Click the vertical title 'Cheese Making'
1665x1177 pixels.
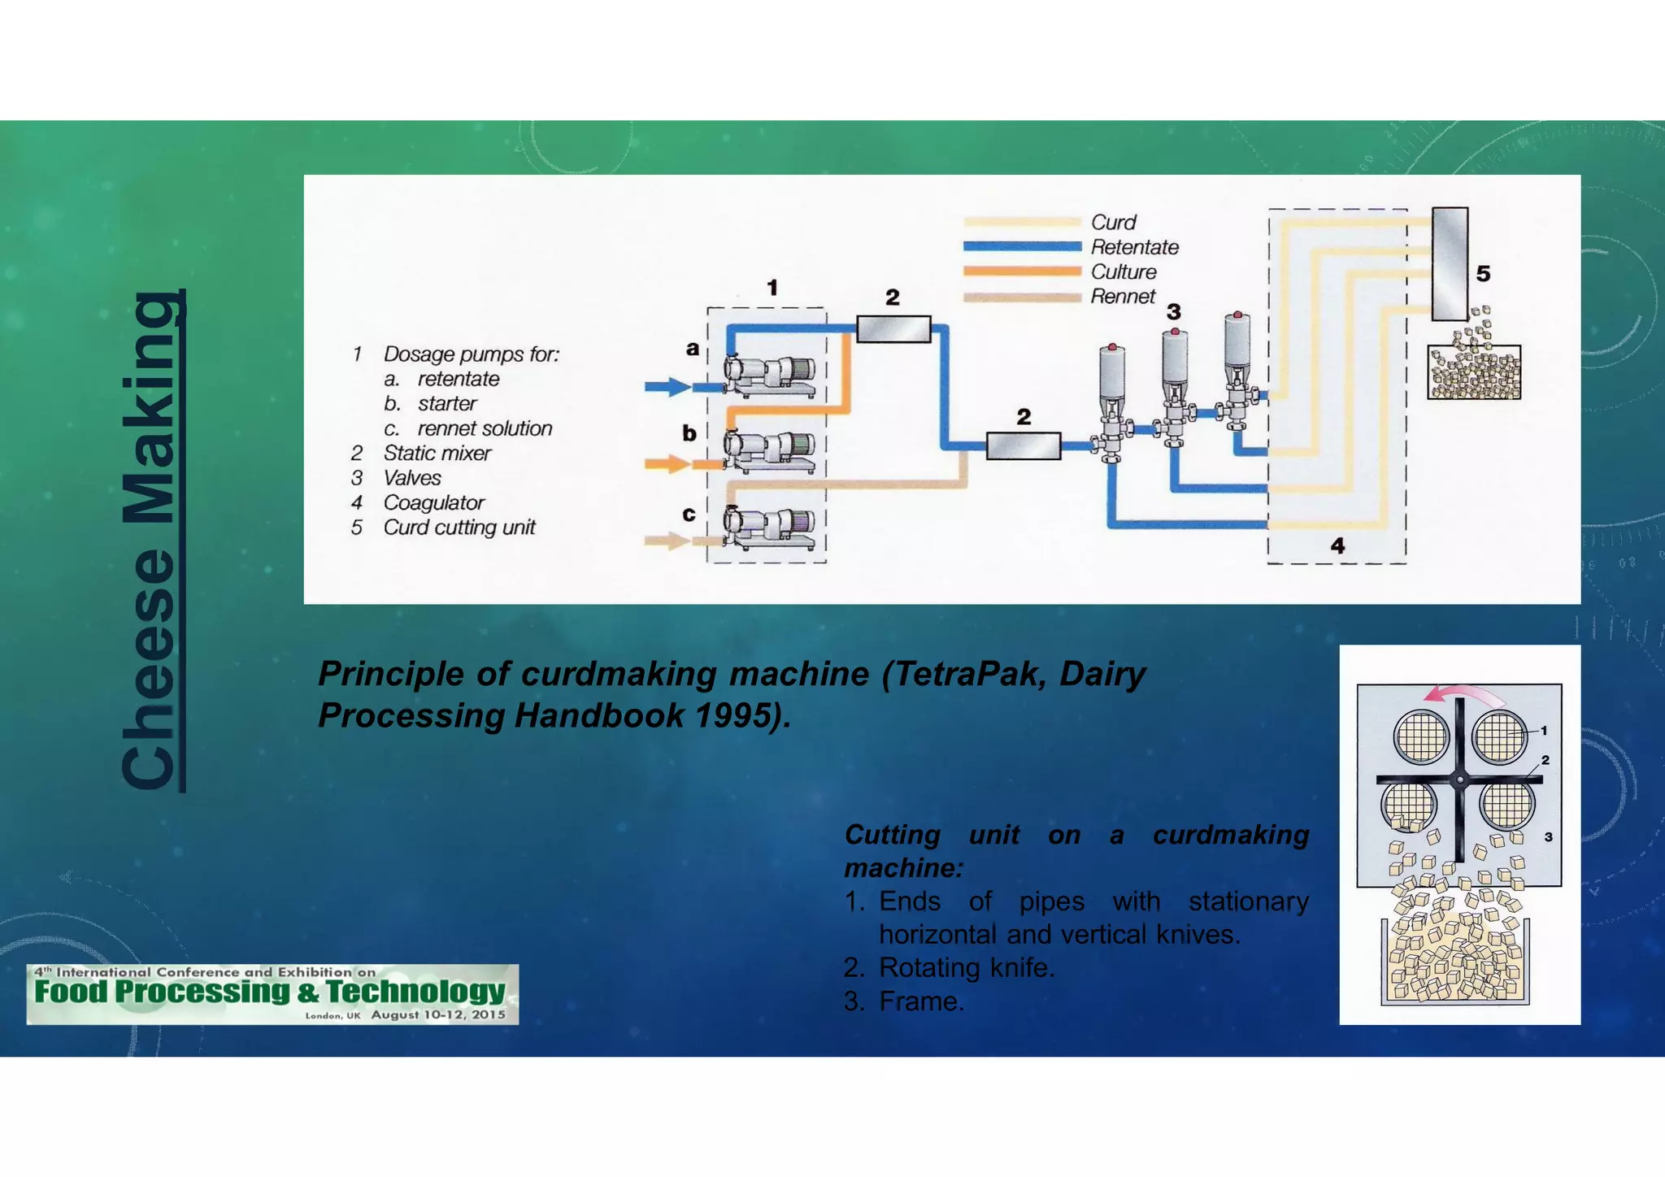[x=152, y=540]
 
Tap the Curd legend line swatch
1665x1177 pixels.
[x=1021, y=222]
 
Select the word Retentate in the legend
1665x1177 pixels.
[x=1134, y=247]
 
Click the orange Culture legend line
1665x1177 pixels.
[x=1021, y=271]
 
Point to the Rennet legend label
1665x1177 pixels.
[x=1122, y=297]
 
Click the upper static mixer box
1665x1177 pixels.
[x=893, y=329]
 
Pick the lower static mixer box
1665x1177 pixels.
[x=1023, y=445]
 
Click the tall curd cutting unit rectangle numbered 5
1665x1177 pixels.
[x=1450, y=264]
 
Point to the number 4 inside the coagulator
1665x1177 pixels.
[x=1337, y=545]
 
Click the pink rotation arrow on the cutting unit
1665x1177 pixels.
[x=1463, y=694]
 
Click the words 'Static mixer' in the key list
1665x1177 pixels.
[x=437, y=454]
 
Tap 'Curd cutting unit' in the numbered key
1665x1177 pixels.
[x=459, y=528]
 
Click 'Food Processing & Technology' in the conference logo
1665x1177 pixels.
[x=270, y=992]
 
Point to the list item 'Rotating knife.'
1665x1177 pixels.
[x=966, y=968]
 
